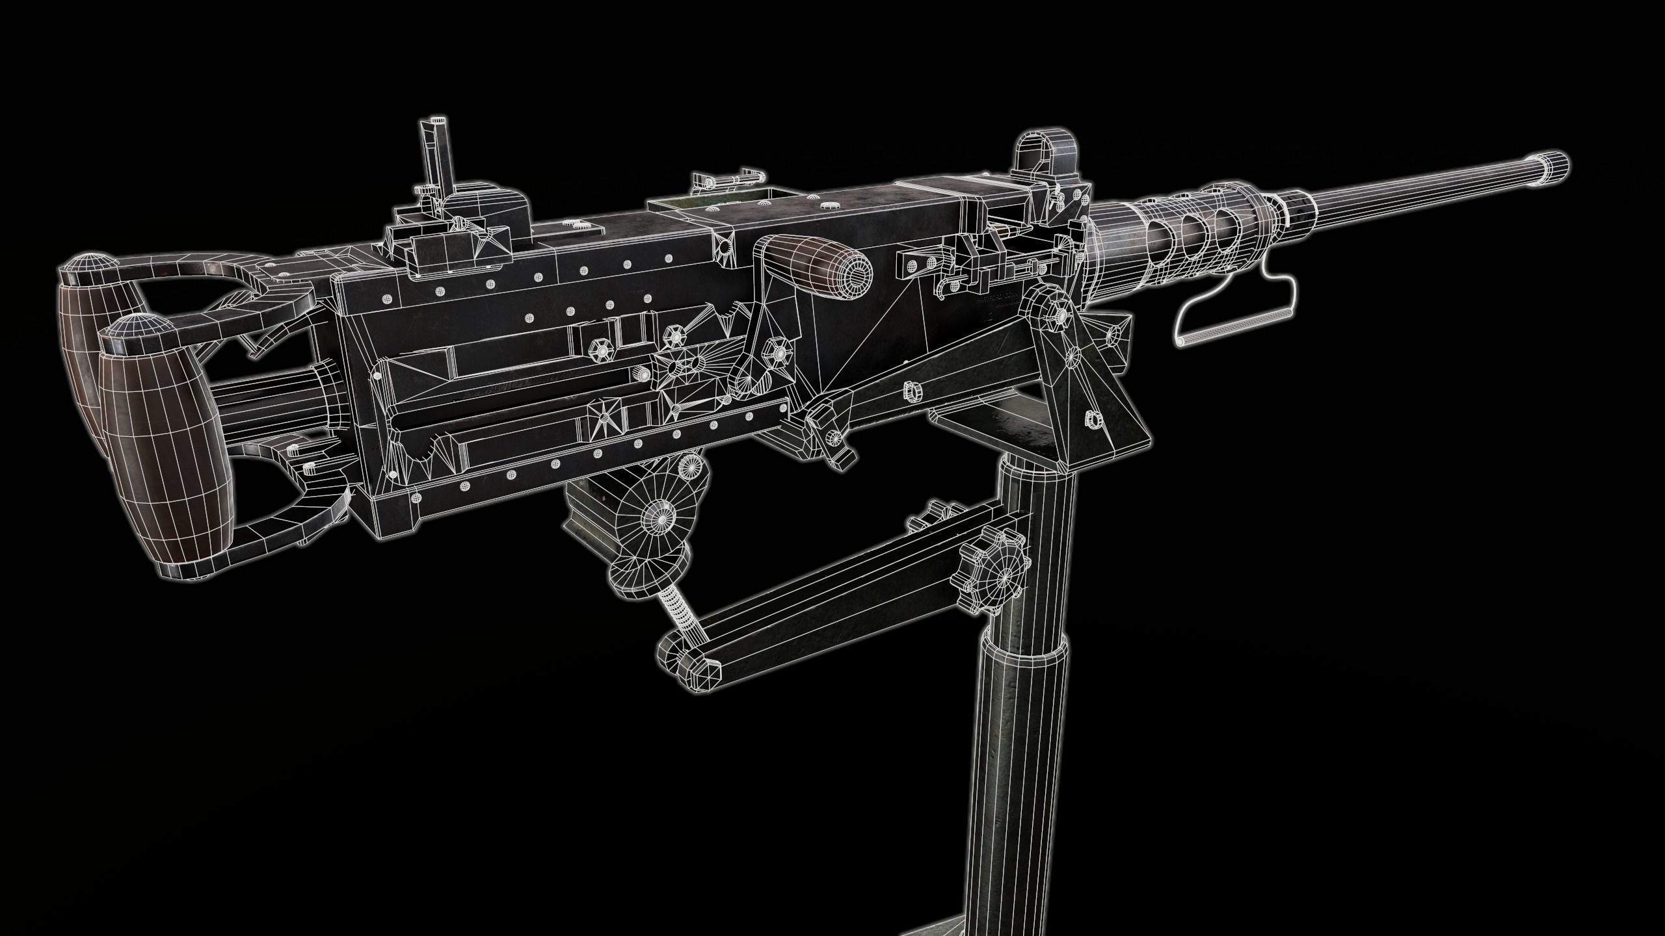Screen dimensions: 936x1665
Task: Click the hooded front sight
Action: click(x=1040, y=156)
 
